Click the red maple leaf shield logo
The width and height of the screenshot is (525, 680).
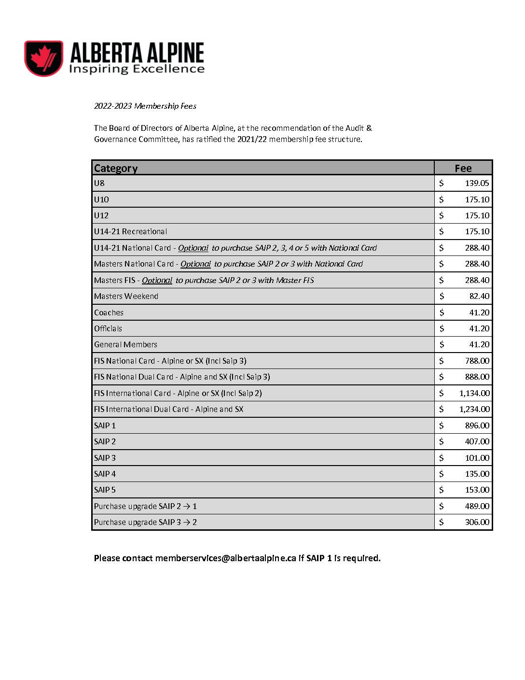click(x=44, y=58)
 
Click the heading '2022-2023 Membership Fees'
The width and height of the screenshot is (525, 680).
click(x=145, y=106)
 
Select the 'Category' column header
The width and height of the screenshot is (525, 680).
click(x=116, y=168)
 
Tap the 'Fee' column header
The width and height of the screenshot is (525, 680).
click(x=463, y=168)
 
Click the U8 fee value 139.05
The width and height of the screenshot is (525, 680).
click(x=477, y=183)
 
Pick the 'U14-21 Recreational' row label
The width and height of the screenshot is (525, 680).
click(x=131, y=231)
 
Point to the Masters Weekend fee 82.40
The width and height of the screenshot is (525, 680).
click(x=479, y=296)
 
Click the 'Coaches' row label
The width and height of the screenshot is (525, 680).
click(x=109, y=312)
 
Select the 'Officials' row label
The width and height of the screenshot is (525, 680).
click(x=108, y=328)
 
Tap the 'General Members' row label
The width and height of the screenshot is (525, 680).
click(x=126, y=344)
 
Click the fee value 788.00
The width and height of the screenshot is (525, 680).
click(x=477, y=361)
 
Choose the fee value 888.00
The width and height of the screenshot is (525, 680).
click(x=477, y=377)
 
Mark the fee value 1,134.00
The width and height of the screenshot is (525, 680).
click(x=474, y=393)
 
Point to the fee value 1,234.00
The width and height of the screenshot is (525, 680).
click(x=474, y=409)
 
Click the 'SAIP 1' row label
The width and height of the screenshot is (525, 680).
click(x=105, y=425)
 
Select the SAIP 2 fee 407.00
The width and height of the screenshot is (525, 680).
click(x=477, y=441)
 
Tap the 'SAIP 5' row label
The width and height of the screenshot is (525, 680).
click(x=105, y=490)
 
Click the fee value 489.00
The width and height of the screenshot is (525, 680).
click(x=477, y=506)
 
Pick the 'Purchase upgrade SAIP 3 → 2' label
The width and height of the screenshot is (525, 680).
click(x=145, y=522)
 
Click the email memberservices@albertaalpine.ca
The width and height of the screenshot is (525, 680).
click(x=225, y=558)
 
